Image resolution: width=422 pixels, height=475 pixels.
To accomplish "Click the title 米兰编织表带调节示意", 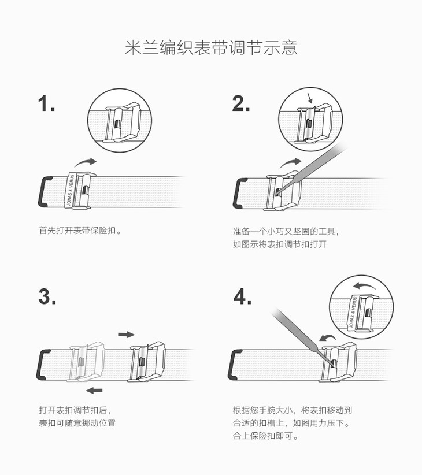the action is [x=211, y=47].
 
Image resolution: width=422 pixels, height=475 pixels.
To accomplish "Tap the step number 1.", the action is [x=46, y=103].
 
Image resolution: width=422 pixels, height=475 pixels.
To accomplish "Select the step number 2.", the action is [x=241, y=103].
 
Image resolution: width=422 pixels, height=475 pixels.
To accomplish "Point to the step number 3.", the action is [x=47, y=296].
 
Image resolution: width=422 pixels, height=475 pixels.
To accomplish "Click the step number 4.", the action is [x=242, y=296].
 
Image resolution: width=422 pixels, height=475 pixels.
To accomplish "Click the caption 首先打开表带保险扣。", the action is [x=80, y=231].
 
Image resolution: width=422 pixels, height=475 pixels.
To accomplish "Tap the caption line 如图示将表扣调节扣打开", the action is [x=280, y=244].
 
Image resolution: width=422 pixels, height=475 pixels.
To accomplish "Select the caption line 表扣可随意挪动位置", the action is [x=77, y=423].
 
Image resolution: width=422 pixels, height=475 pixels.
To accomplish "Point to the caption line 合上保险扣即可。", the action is [x=266, y=436].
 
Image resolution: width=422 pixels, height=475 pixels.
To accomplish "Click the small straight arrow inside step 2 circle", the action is [x=309, y=98].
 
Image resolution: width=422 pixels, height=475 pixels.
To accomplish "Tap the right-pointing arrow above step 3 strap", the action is [x=126, y=335].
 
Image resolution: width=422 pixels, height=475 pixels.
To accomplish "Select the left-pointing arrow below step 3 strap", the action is [x=94, y=391].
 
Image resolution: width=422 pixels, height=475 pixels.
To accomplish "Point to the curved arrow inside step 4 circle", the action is [x=365, y=285].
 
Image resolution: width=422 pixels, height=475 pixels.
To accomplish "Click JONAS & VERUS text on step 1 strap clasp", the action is [x=71, y=191].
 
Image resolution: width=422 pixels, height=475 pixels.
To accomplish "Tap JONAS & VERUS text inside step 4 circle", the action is [x=353, y=312].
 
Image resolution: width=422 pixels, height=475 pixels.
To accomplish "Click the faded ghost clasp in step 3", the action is [x=87, y=362].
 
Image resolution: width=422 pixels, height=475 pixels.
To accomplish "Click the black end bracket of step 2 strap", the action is [x=238, y=193].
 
